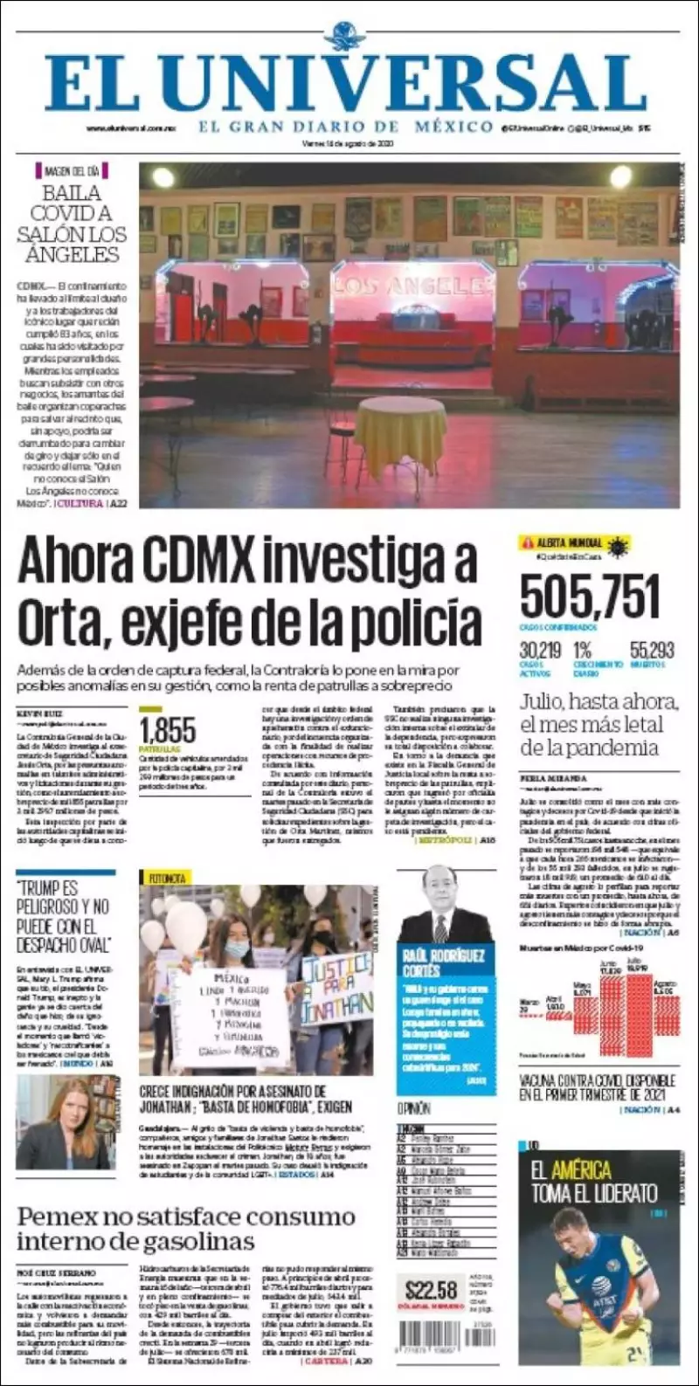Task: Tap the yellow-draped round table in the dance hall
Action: pos(400,434)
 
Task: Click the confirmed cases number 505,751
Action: pos(590,598)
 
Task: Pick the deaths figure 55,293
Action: pos(652,651)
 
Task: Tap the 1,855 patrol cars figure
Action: pos(168,730)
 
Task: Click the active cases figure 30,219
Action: pos(540,651)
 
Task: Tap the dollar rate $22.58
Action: pos(432,1290)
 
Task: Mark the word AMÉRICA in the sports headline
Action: pos(582,1170)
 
